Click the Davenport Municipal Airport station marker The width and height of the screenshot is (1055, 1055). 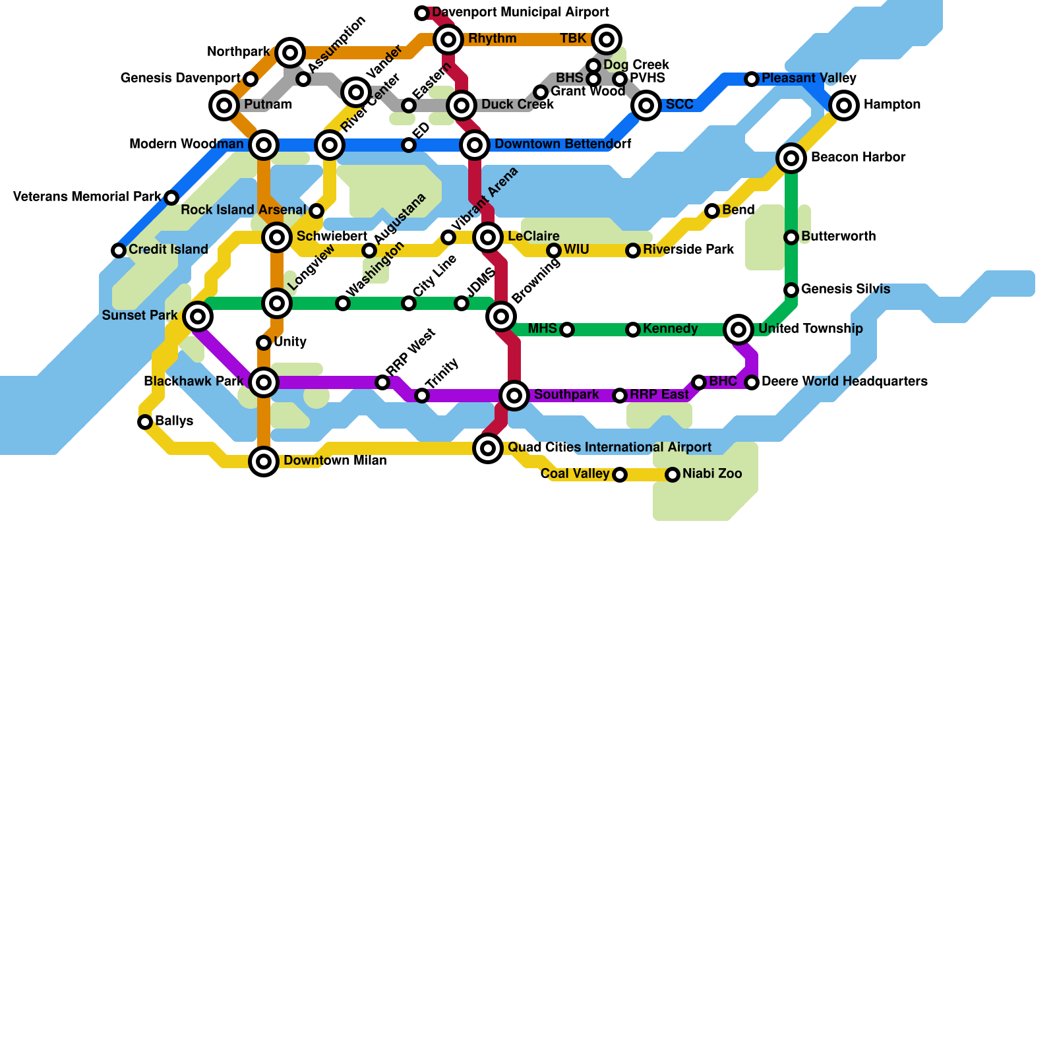click(x=422, y=13)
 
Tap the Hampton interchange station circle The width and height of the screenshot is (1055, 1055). click(x=844, y=105)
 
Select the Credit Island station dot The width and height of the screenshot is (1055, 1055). click(x=119, y=251)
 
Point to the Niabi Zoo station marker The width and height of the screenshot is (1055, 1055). click(x=673, y=475)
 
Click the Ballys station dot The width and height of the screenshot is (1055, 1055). click(x=145, y=422)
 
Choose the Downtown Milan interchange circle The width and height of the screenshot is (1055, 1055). click(x=264, y=462)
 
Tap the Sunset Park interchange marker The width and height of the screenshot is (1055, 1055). click(x=198, y=316)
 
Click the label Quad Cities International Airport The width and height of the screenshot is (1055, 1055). click(x=609, y=448)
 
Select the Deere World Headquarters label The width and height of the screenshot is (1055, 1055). click(x=844, y=382)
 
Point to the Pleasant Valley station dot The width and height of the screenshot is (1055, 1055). click(x=752, y=79)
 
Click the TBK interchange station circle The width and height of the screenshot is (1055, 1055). click(x=607, y=40)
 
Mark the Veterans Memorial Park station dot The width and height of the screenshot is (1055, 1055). click(x=171, y=198)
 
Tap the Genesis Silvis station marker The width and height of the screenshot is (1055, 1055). click(x=791, y=290)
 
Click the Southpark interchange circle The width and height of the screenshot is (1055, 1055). click(x=514, y=396)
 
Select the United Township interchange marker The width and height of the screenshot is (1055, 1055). click(x=738, y=330)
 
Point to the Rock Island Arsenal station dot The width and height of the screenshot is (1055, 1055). click(x=316, y=211)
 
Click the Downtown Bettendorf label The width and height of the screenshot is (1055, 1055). click(x=562, y=144)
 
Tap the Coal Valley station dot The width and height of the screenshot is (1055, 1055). click(x=620, y=475)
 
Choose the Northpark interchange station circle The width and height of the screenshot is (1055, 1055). click(x=290, y=53)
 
